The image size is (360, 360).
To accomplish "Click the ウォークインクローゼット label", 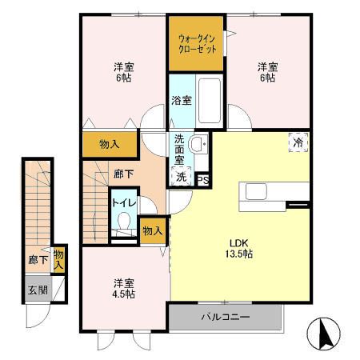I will point(195,42).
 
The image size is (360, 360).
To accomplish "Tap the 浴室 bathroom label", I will point(181,101).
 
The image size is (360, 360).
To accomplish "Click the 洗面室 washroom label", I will point(182,150).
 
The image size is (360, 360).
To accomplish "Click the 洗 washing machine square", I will point(181,177).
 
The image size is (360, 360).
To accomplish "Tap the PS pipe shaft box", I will point(203,179).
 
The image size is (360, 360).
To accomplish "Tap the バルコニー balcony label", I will point(225,317).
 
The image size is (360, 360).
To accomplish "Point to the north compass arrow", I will point(324,332).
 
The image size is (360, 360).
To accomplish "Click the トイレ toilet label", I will point(122,203).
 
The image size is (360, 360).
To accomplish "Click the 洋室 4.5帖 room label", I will point(122,289).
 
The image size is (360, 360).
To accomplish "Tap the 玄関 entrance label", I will point(38,290).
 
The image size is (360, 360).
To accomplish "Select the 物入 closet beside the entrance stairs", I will point(60,258).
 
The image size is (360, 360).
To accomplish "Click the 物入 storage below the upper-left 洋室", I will point(110,145).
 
